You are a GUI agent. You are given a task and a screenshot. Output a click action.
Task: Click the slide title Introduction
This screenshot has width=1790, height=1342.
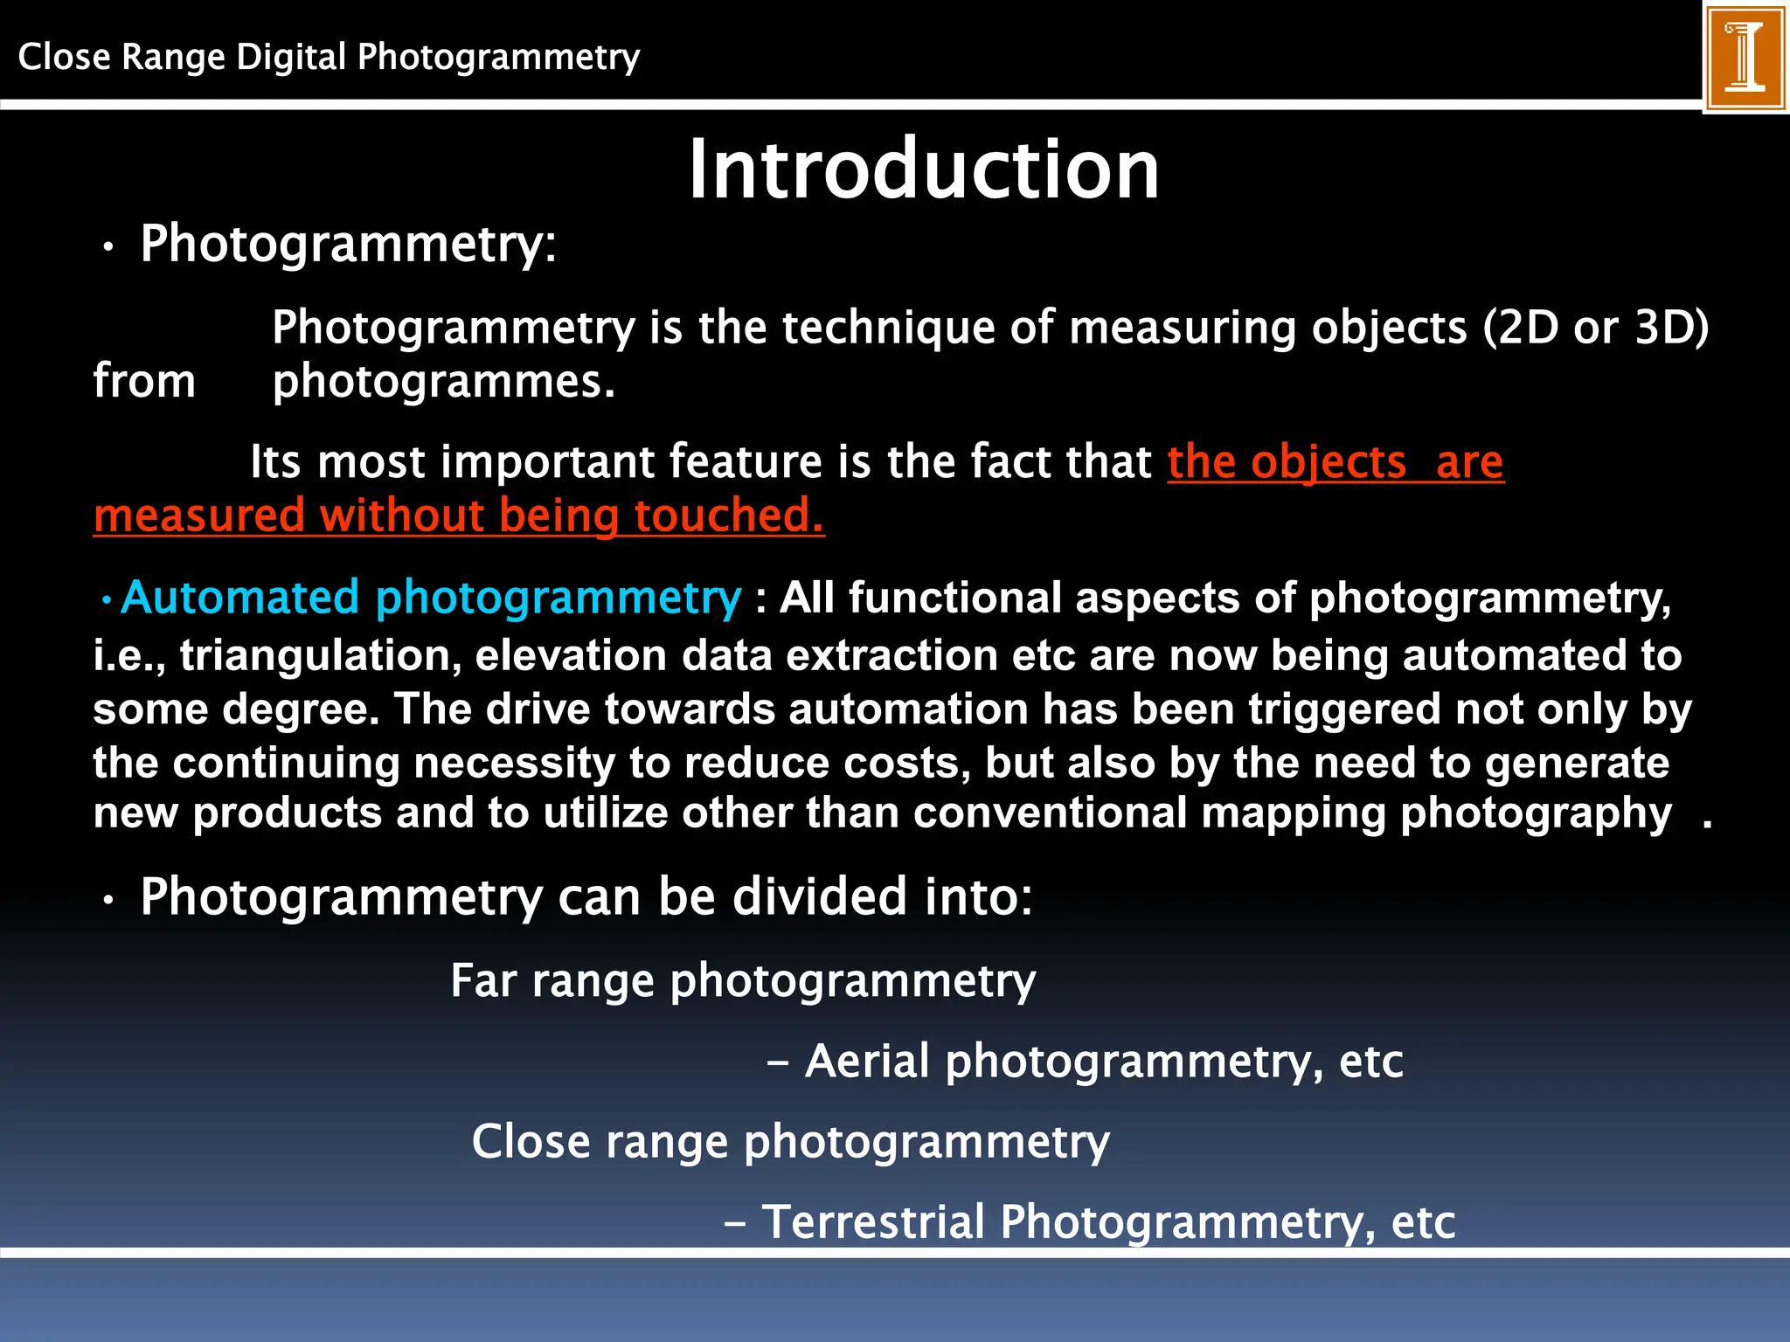[924, 169]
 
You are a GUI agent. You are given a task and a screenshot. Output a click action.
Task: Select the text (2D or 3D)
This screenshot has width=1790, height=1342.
[1595, 329]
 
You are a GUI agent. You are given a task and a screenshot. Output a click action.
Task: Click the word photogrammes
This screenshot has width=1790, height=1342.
[443, 382]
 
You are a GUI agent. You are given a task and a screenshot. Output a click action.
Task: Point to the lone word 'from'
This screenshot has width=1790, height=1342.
[144, 382]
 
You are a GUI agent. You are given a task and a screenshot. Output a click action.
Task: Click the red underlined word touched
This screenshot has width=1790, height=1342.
[729, 515]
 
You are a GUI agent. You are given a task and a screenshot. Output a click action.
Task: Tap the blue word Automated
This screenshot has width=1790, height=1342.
[240, 598]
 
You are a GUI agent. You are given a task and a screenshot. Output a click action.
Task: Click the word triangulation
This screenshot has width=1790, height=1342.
[321, 655]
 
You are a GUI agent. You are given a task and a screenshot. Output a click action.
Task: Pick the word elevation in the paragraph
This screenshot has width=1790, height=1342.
[571, 655]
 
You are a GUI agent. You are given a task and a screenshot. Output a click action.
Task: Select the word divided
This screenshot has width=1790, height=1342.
[820, 896]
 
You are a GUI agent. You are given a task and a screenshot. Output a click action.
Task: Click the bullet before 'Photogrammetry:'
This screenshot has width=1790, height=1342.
[108, 248]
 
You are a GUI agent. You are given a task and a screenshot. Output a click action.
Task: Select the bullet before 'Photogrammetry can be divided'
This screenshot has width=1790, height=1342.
[108, 901]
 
